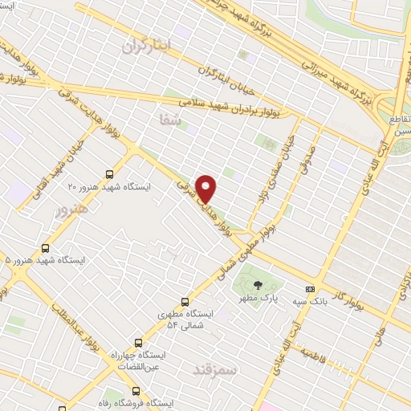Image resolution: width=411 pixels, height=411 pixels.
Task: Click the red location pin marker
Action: click(207, 188)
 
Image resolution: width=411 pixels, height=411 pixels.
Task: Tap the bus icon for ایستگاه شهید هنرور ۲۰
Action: click(109, 173)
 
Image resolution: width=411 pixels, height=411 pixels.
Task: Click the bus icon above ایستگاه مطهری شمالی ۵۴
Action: click(185, 302)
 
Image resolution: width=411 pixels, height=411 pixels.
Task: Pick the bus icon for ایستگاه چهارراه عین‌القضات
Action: click(138, 343)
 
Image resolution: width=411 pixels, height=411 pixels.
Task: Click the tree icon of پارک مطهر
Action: click(257, 285)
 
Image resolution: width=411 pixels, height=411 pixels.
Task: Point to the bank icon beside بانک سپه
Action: click(310, 290)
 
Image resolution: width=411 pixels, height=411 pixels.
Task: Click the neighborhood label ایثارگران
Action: click(142, 46)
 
